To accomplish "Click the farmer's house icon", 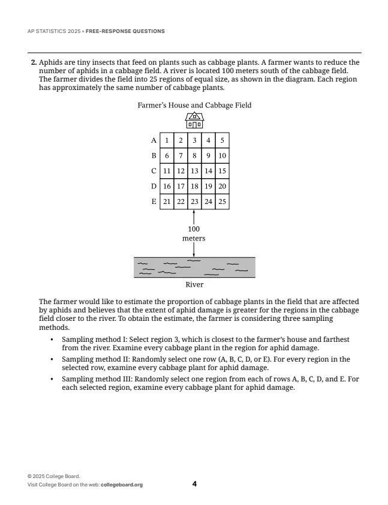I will click(x=194, y=121).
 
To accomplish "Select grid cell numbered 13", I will click(x=194, y=171).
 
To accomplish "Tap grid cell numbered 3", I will click(x=194, y=140).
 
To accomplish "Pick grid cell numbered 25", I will click(x=222, y=202).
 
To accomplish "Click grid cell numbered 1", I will click(x=166, y=140).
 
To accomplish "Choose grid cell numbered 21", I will click(x=167, y=202).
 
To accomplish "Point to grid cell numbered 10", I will click(x=222, y=156).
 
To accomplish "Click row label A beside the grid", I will click(x=154, y=140).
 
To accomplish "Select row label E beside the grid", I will click(x=154, y=202).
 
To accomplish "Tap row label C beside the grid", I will click(x=154, y=171).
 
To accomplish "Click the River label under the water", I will click(x=194, y=285).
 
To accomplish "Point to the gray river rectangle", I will click(x=194, y=267).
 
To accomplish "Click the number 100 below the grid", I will click(x=194, y=229).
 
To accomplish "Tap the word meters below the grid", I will click(x=194, y=238).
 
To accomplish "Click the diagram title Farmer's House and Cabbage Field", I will click(x=194, y=106).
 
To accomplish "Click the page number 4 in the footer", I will click(x=194, y=484).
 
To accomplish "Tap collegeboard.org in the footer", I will click(x=122, y=485).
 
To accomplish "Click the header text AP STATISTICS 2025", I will click(x=55, y=31).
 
